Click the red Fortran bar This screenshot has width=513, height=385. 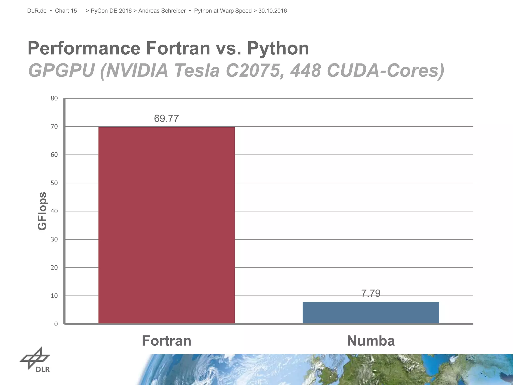[x=166, y=226]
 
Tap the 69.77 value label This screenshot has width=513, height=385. [x=166, y=119]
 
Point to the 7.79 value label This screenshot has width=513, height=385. [x=370, y=293]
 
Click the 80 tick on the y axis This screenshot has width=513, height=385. [x=54, y=98]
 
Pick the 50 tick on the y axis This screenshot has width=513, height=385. [x=54, y=183]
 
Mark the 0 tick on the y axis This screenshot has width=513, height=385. [x=56, y=324]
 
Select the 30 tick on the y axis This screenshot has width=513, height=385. [x=54, y=239]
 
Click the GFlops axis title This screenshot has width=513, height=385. [x=42, y=211]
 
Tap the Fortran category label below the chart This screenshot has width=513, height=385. [x=166, y=341]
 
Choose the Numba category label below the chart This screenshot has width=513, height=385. [x=371, y=341]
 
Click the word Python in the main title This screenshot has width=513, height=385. [x=278, y=48]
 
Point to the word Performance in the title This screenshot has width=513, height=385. [x=84, y=48]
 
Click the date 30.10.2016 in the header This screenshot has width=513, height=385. [x=273, y=11]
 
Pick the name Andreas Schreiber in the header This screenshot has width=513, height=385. [x=162, y=11]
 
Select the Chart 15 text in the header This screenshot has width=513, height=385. [x=66, y=11]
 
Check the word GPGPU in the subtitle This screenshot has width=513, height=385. [x=62, y=70]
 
